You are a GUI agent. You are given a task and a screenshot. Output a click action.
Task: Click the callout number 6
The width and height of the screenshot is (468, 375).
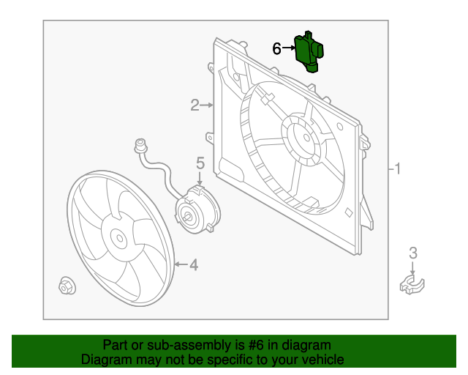pyautogui.click(x=276, y=49)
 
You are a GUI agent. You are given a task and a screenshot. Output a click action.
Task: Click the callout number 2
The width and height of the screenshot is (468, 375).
pyautogui.click(x=195, y=105)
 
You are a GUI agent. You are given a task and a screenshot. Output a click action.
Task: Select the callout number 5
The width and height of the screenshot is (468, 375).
pyautogui.click(x=200, y=163)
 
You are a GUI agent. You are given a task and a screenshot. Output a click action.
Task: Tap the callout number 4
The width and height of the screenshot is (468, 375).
pyautogui.click(x=194, y=264)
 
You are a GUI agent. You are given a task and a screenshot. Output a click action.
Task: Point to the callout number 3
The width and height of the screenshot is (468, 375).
pyautogui.click(x=412, y=253)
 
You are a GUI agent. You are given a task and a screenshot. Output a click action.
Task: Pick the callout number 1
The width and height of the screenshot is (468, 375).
pyautogui.click(x=397, y=169)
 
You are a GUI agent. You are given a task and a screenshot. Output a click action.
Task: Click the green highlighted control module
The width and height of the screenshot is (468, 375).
pyautogui.click(x=310, y=51)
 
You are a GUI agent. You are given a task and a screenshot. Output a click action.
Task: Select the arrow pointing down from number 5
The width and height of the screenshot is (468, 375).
pyautogui.click(x=200, y=178)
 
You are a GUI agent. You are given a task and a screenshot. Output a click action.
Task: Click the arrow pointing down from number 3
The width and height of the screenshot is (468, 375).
pyautogui.click(x=412, y=268)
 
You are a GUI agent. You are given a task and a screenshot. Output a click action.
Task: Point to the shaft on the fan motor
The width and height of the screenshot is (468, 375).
pyautogui.click(x=189, y=216)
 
